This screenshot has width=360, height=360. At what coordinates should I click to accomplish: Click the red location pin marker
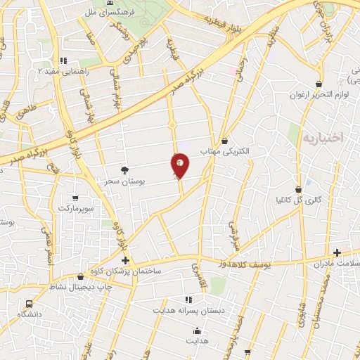(180, 165)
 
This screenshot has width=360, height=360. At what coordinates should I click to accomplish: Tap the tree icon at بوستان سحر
(125, 170)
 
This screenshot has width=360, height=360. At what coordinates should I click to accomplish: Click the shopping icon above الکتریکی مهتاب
(224, 141)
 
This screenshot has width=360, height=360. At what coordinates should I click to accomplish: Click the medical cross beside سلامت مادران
(337, 252)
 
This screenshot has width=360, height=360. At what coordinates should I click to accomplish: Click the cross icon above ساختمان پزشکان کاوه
(125, 260)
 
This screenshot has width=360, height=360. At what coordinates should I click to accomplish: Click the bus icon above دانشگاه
(29, 304)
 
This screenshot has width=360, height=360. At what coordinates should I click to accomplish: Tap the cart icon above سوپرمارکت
(75, 198)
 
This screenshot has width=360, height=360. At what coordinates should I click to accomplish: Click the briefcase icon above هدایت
(196, 330)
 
